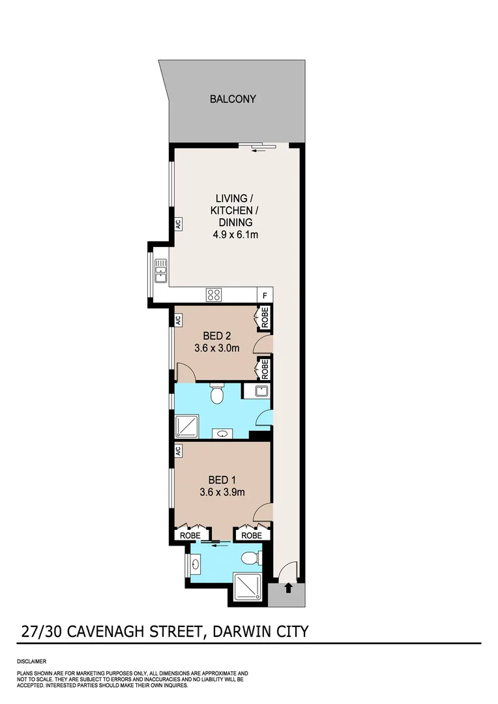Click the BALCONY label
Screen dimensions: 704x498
[233, 99]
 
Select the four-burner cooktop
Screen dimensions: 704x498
[214, 294]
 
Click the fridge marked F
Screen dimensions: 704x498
[265, 295]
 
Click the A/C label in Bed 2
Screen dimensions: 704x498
[177, 320]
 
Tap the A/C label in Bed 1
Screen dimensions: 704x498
[177, 450]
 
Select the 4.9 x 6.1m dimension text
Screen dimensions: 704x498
[235, 235]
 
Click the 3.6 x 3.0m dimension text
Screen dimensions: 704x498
[217, 348]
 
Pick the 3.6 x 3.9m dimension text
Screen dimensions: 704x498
[222, 492]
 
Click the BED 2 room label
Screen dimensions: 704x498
[217, 336]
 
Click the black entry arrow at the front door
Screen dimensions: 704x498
[289, 588]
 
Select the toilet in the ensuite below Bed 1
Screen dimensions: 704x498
[250, 558]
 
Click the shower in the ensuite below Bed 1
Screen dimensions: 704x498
[248, 588]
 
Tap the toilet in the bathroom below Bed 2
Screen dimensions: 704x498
[218, 395]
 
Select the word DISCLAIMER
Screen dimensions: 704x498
[31, 661]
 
